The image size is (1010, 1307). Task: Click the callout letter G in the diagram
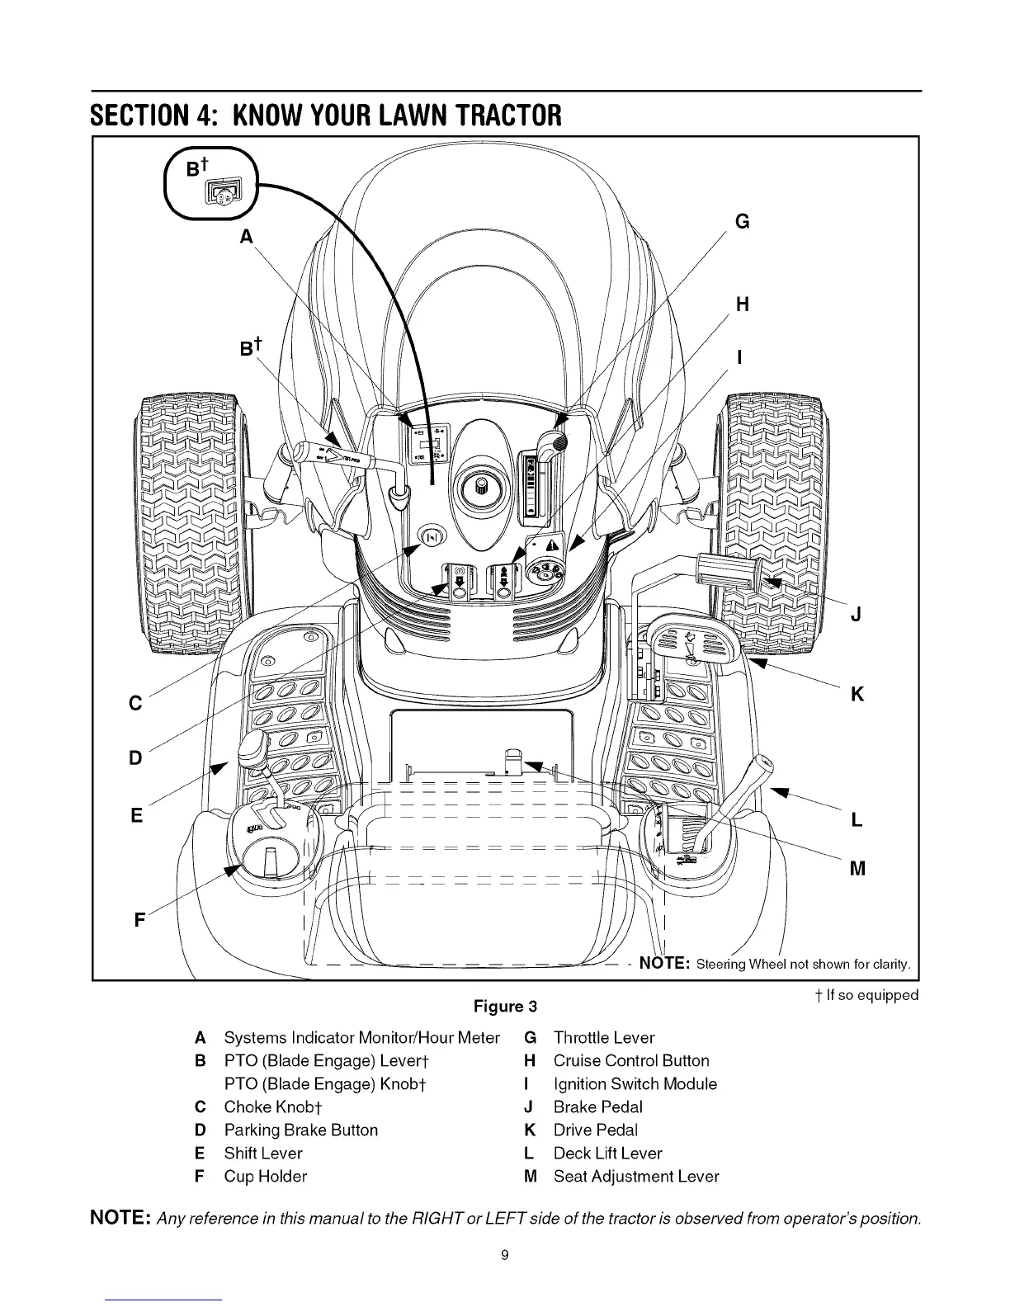[742, 222]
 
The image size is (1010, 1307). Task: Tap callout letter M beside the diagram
[857, 869]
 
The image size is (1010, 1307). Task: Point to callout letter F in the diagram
[139, 918]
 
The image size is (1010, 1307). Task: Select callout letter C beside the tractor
[136, 703]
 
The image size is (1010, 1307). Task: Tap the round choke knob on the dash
[432, 537]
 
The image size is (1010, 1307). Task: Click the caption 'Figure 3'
[504, 1007]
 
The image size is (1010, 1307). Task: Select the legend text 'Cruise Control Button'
[630, 1061]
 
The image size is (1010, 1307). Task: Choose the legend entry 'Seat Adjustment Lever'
[635, 1177]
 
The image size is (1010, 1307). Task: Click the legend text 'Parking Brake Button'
[300, 1130]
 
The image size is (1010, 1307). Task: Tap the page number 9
[505, 1255]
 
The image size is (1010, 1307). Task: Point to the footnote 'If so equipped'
[865, 995]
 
